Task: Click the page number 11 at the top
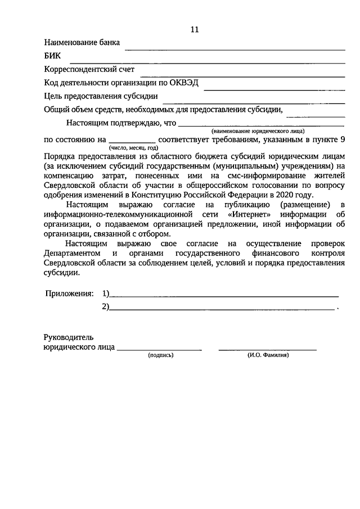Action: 195,30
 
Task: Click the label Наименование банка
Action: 82,43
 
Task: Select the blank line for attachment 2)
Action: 222,309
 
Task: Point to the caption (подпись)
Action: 161,355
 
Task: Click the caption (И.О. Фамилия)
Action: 268,355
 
